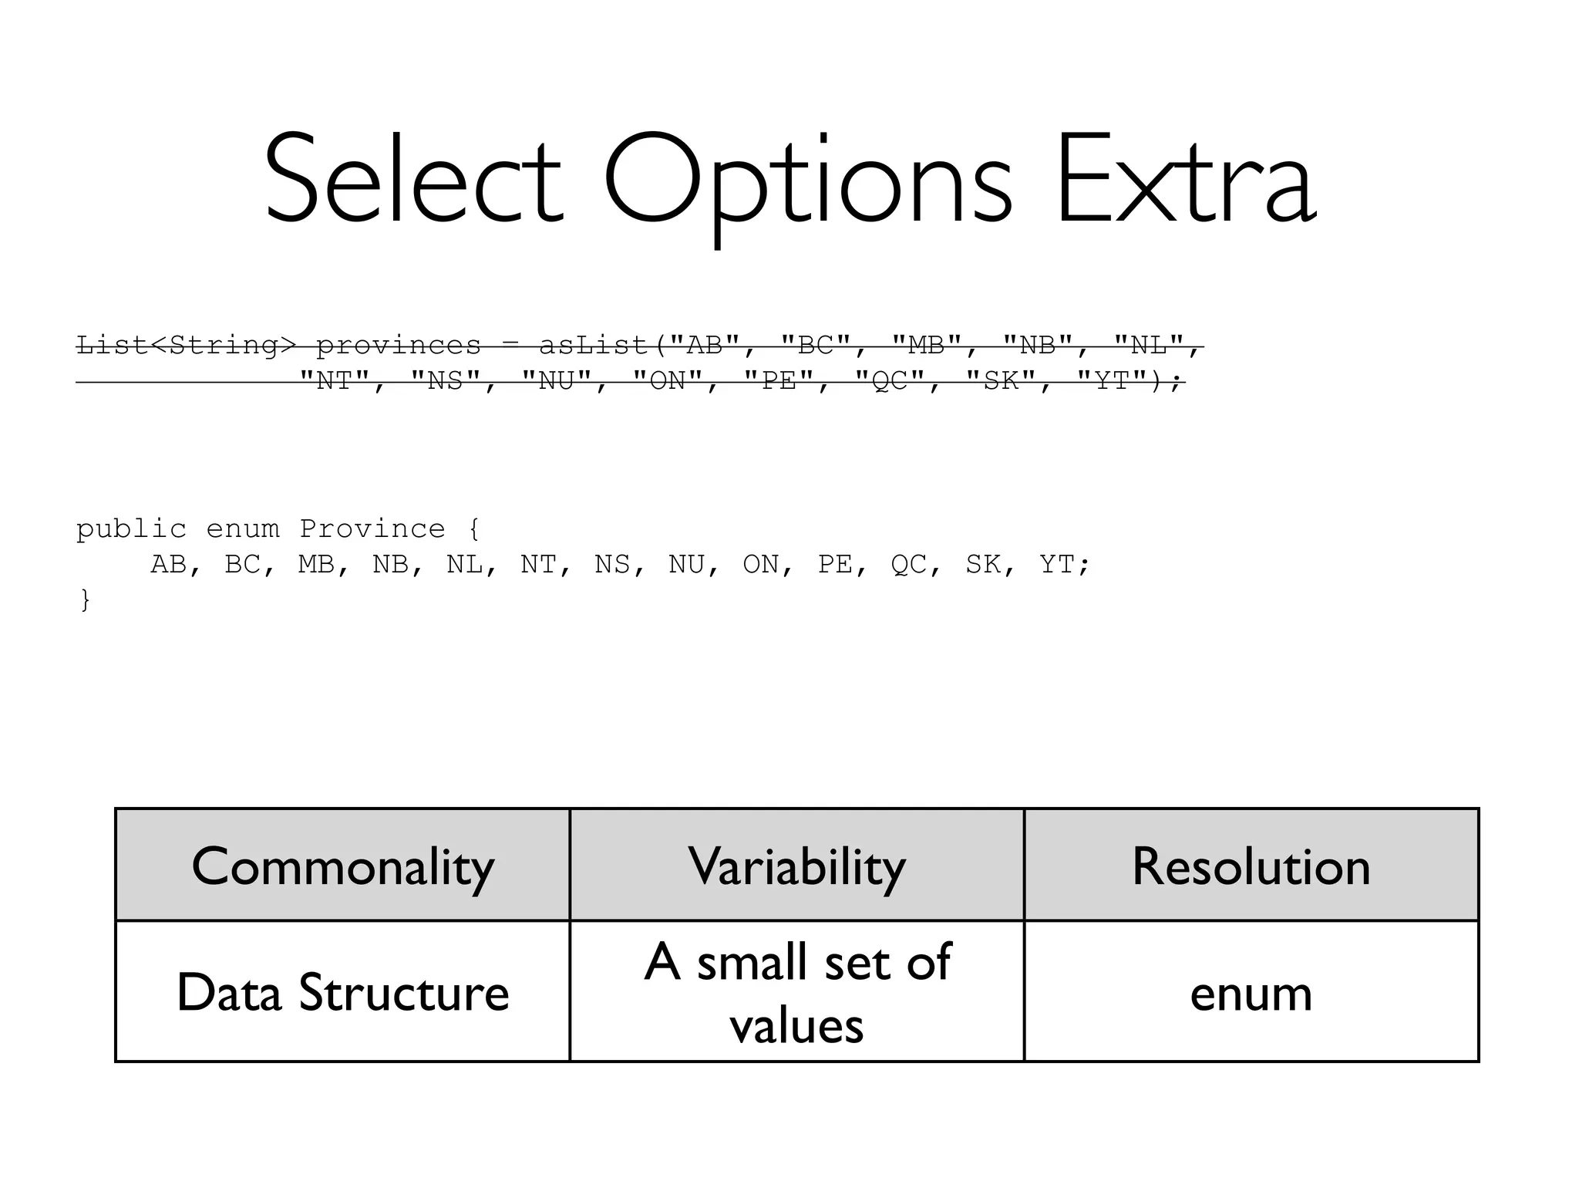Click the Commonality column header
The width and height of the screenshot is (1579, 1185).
(342, 866)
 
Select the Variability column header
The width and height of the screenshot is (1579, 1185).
(796, 866)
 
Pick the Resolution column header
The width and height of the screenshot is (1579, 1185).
(1251, 866)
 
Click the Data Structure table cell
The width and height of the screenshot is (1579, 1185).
(342, 992)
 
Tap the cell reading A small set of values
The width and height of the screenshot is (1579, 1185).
(796, 992)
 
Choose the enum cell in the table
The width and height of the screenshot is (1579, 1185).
(1251, 994)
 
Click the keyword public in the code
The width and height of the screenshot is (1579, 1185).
(131, 529)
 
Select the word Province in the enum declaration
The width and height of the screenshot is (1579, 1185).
(372, 529)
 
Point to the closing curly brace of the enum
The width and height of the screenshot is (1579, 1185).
(85, 599)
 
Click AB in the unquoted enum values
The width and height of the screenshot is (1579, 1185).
(168, 565)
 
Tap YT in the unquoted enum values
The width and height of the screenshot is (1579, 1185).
(1056, 565)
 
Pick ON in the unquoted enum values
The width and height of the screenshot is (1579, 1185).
(761, 565)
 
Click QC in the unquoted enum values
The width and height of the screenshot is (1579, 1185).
(908, 565)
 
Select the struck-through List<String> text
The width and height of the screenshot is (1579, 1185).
(186, 346)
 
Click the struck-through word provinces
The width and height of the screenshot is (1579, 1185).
(399, 346)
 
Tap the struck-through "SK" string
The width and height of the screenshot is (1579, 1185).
(1002, 381)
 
